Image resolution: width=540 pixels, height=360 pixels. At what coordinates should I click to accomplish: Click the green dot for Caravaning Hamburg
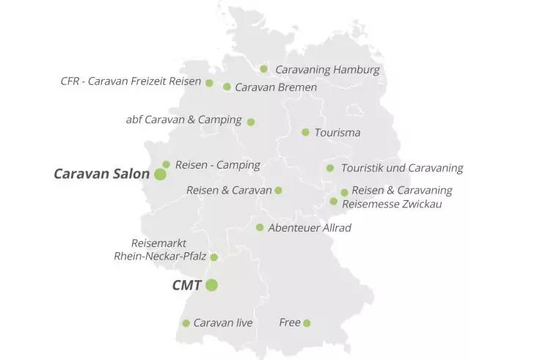click(264, 69)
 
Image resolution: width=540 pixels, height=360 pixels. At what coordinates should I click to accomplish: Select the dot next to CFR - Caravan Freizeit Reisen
click(209, 83)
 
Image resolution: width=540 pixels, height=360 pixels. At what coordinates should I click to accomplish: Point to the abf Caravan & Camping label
click(183, 120)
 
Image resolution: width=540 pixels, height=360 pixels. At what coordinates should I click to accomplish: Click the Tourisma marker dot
click(305, 132)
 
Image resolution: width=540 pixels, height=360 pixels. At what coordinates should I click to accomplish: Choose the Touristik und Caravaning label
click(401, 168)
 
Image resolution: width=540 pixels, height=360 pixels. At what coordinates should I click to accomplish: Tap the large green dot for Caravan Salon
click(160, 174)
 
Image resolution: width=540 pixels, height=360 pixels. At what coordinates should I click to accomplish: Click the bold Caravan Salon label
click(101, 174)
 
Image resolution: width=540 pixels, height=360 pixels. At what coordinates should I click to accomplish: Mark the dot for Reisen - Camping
click(167, 164)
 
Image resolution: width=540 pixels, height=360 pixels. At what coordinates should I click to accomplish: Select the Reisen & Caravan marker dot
click(278, 191)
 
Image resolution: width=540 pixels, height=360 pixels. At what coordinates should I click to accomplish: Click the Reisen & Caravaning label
click(401, 191)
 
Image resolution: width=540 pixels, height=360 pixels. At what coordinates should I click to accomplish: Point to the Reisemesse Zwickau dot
click(334, 201)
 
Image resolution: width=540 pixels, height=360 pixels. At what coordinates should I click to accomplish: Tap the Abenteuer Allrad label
click(309, 228)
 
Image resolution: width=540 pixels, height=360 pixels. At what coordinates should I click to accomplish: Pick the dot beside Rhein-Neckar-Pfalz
click(214, 257)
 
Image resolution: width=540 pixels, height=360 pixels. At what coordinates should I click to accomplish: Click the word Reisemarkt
click(158, 243)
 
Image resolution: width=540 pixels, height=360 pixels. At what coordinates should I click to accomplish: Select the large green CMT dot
click(211, 285)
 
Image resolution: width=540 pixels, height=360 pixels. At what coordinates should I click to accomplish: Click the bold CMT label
click(186, 285)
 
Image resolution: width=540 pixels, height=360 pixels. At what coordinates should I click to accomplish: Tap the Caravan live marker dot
click(186, 323)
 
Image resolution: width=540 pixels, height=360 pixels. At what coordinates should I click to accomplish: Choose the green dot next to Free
click(307, 323)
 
